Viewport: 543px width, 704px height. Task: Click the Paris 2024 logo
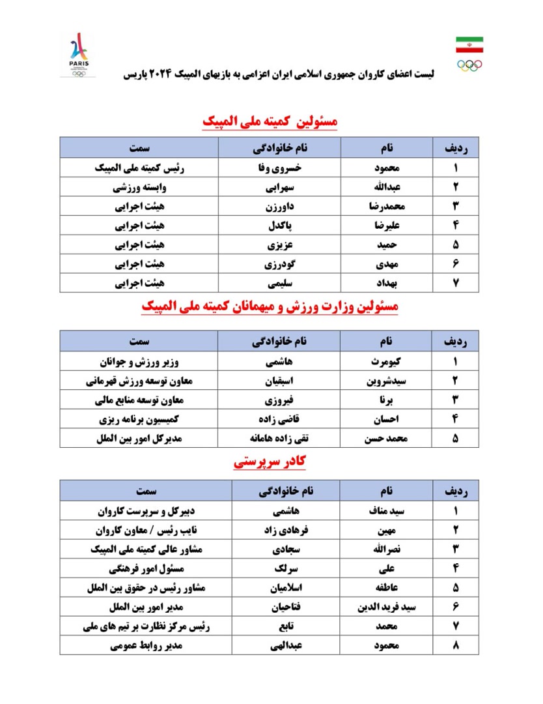(x=80, y=53)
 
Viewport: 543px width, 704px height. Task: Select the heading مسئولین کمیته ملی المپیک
(x=270, y=121)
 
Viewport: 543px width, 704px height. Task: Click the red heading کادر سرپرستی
(x=270, y=463)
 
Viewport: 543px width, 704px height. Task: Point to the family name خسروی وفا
(x=279, y=168)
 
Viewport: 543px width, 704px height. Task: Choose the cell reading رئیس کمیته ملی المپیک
(x=139, y=168)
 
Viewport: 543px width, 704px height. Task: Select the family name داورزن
(x=279, y=207)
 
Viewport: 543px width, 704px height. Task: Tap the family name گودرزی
(x=279, y=265)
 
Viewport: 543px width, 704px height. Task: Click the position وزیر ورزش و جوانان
(x=139, y=361)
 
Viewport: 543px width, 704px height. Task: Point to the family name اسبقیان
(x=279, y=381)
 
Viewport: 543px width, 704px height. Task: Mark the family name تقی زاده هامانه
(x=279, y=439)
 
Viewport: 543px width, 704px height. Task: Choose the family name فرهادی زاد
(x=279, y=529)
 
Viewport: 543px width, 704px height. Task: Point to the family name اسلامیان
(x=279, y=587)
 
